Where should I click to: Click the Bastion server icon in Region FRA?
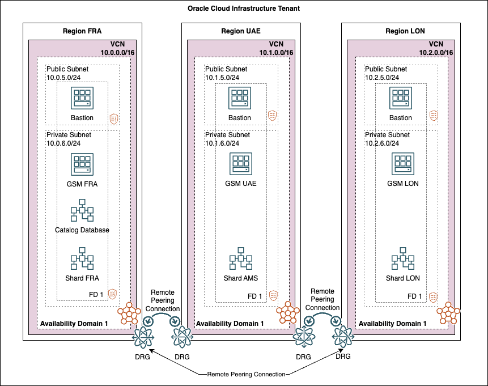coord(82,98)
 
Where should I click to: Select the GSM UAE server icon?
coord(241,164)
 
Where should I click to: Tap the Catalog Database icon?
coord(82,210)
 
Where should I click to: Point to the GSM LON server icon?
coord(402,164)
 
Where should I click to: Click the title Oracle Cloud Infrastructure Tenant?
coord(244,10)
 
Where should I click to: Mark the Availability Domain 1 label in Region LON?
coord(392,323)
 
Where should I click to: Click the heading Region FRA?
coord(82,31)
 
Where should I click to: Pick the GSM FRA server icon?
coord(82,164)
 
